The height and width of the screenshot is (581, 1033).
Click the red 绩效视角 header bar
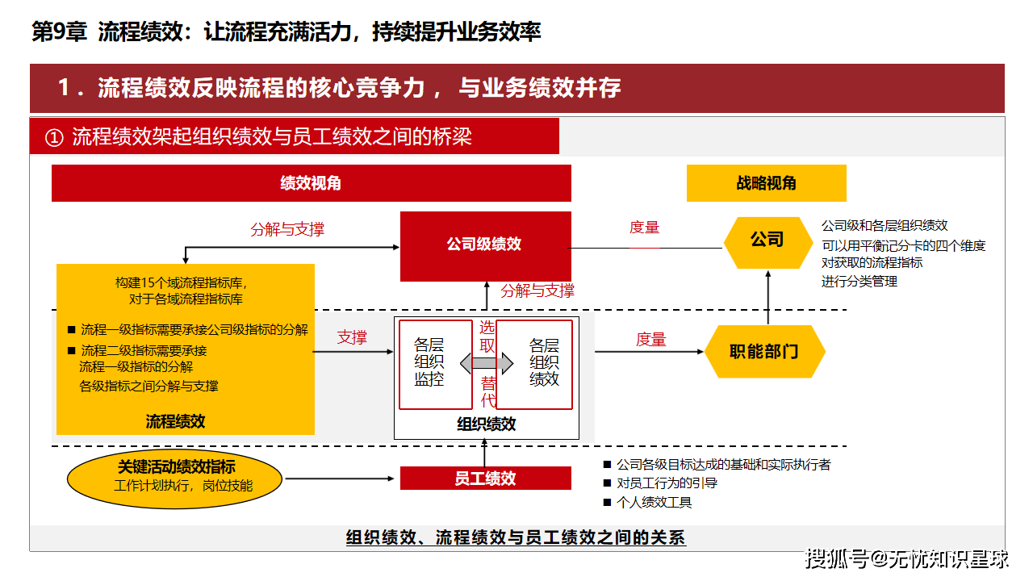(312, 183)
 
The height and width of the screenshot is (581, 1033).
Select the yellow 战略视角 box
(767, 183)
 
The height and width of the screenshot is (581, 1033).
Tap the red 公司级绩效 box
(486, 246)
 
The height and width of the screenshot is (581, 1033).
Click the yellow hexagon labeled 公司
(767, 243)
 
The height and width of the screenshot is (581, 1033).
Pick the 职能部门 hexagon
(764, 351)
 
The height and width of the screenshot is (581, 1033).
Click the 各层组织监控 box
(436, 364)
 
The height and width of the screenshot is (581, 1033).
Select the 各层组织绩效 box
(534, 364)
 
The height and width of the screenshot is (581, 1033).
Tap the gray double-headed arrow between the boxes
(487, 363)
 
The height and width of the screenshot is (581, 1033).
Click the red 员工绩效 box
(486, 479)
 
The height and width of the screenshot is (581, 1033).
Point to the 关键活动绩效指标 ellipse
(175, 479)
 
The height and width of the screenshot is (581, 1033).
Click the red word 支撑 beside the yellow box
(352, 337)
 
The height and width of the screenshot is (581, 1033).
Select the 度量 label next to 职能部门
(650, 340)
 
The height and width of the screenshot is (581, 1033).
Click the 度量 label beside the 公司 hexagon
(644, 228)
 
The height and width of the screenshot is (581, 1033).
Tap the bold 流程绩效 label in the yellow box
(175, 421)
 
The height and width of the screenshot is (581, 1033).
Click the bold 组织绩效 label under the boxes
(487, 424)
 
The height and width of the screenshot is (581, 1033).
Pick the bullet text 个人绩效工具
(654, 502)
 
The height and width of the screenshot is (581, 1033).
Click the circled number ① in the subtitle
(54, 137)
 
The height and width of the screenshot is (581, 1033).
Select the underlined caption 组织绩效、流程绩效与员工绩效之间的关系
(516, 537)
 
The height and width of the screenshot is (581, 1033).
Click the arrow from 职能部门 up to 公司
(767, 298)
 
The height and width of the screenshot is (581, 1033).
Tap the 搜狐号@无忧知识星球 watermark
(906, 559)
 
